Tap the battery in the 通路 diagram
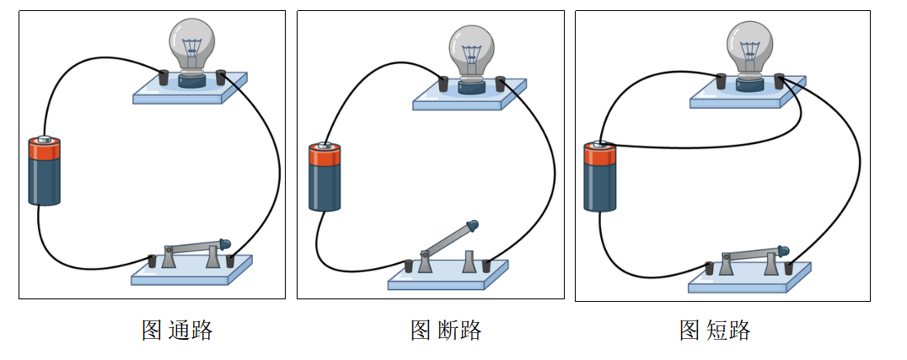[x=45, y=172]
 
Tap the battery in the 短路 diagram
[x=600, y=177]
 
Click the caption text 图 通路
[x=177, y=330]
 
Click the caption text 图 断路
[x=446, y=330]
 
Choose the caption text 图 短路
[x=715, y=330]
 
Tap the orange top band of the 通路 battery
[x=45, y=150]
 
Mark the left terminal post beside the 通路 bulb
[x=164, y=78]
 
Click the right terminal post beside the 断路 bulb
[x=500, y=83]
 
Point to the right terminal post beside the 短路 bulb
[x=779, y=80]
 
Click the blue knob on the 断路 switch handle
[x=473, y=225]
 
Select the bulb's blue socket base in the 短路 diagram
[x=749, y=83]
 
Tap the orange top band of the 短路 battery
[x=600, y=154]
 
